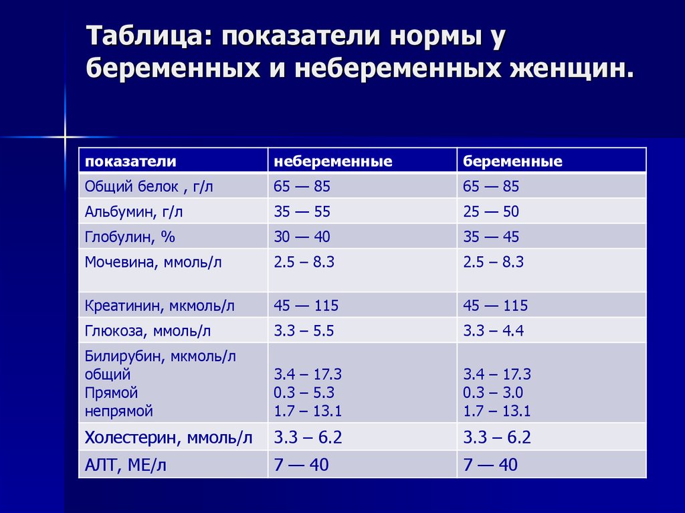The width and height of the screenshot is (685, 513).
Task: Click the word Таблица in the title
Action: click(x=145, y=36)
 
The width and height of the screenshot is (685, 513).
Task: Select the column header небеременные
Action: click(x=333, y=161)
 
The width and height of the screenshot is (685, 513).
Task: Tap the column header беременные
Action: click(x=512, y=161)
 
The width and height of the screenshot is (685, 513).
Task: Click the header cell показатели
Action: click(x=130, y=161)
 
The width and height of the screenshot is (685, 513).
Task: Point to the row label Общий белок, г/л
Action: click(x=149, y=187)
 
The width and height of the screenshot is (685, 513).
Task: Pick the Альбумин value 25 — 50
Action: click(x=491, y=211)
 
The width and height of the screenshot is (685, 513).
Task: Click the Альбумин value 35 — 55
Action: click(x=302, y=211)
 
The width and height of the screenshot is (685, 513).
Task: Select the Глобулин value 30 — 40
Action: click(x=302, y=237)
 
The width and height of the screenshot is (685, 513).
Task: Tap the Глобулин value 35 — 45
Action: click(x=491, y=237)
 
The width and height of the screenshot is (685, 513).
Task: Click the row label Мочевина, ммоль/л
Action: click(x=153, y=262)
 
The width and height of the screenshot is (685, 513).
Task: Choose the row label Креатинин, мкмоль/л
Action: click(x=159, y=306)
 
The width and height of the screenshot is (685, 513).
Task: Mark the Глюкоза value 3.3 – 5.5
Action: click(x=304, y=331)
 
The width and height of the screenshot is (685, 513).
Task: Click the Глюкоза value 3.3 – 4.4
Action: click(x=493, y=331)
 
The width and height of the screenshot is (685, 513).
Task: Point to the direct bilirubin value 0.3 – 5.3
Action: click(x=304, y=393)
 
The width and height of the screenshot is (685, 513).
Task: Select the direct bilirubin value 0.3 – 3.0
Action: click(x=493, y=393)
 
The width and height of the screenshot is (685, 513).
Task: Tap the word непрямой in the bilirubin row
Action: click(x=119, y=411)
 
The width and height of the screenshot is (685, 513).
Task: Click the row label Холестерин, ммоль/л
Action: click(x=169, y=438)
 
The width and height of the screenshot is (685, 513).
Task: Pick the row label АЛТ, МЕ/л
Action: click(x=125, y=466)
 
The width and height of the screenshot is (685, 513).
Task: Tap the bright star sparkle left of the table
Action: click(x=65, y=137)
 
